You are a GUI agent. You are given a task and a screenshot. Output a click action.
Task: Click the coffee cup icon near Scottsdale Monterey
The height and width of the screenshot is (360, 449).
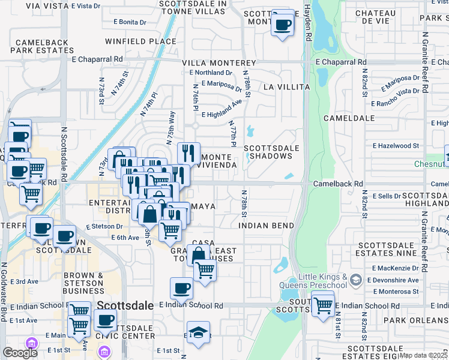tap(283, 25)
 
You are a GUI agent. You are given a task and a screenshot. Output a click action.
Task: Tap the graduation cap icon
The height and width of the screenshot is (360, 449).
tap(198, 333)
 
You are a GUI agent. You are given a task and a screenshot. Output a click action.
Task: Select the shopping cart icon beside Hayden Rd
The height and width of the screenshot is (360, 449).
tap(323, 305)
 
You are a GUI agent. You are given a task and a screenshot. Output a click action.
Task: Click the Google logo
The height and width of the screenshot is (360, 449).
tap(20, 352)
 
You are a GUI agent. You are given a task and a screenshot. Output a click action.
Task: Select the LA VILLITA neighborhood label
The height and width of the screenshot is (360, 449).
tap(285, 87)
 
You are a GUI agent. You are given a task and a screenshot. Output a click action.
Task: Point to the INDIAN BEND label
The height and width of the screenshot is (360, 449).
tap(266, 226)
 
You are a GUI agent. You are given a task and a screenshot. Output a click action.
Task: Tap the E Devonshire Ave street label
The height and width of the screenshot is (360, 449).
tap(395, 280)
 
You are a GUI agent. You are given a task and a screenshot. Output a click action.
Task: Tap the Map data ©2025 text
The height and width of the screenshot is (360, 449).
tap(423, 355)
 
